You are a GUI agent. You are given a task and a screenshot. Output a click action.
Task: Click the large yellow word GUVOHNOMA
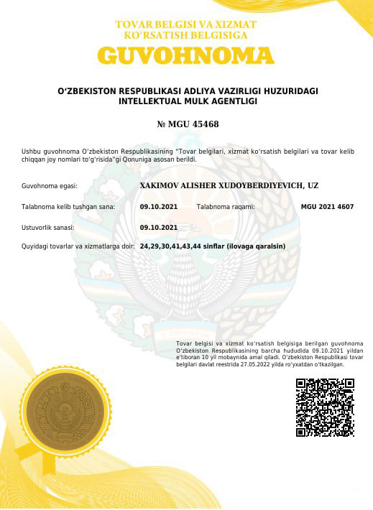pyautogui.click(x=186, y=56)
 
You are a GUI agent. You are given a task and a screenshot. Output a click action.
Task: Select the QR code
pyautogui.click(x=325, y=408)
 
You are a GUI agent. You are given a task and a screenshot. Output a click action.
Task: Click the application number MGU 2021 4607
pyautogui.click(x=327, y=207)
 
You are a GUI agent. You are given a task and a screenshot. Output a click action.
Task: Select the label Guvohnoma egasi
pyautogui.click(x=50, y=186)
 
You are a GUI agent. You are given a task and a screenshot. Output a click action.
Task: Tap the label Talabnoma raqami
pyautogui.click(x=226, y=207)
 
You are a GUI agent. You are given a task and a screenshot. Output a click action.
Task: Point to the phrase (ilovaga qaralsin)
pyautogui.click(x=256, y=246)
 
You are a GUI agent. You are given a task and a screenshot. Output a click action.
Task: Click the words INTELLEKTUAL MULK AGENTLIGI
pyautogui.click(x=187, y=102)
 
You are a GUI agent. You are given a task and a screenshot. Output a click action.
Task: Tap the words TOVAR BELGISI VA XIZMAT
pyautogui.click(x=186, y=24)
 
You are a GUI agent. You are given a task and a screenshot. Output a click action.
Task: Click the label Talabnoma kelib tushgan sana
pyautogui.click(x=68, y=207)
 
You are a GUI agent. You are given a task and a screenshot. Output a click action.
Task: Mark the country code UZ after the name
pyautogui.click(x=313, y=185)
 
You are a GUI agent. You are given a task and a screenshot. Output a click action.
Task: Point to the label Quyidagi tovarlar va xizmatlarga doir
pyautogui.click(x=78, y=247)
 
